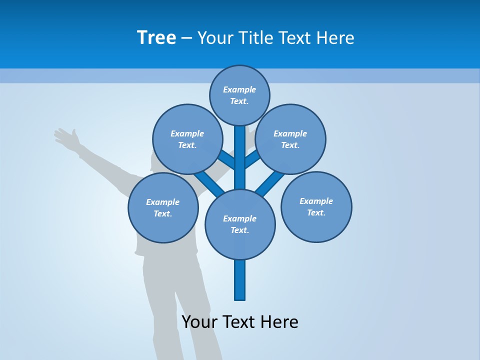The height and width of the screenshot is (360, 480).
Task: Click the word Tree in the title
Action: (156, 37)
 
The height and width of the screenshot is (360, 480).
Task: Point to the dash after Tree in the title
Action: (186, 38)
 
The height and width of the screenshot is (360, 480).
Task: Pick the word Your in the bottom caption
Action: (200, 321)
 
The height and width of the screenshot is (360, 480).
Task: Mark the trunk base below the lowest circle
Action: (240, 280)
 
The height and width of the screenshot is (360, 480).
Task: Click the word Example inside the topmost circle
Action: (239, 90)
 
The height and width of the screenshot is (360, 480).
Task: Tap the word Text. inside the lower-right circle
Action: (316, 213)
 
